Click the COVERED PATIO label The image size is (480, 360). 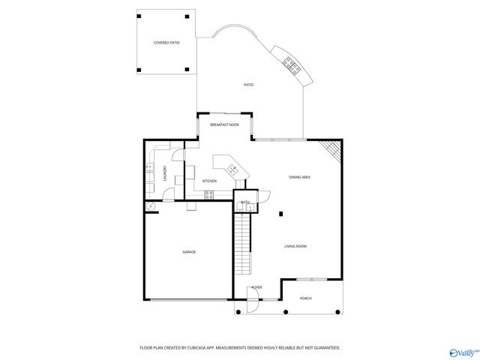tap(166, 43)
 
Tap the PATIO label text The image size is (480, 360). tap(248, 85)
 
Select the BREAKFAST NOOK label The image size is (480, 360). tap(224, 124)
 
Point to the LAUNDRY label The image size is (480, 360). tap(165, 173)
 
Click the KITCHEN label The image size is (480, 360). tap(210, 181)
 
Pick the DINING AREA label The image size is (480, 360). tap(300, 177)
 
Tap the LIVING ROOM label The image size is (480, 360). tap(295, 246)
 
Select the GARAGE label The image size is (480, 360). tap(189, 252)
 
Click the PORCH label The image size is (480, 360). tap(306, 298)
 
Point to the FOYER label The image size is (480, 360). tap(256, 287)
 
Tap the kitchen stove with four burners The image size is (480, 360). tap(209, 195)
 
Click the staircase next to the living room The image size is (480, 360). tap(242, 244)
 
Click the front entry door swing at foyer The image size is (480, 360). tap(253, 305)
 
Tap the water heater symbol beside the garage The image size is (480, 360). tap(151, 206)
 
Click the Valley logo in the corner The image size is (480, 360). tap(464, 352)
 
